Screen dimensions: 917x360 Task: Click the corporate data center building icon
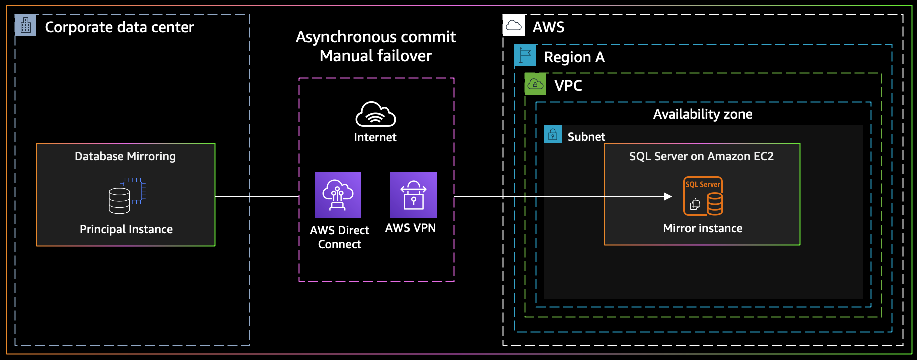[x=25, y=25]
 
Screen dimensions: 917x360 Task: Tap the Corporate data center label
[x=119, y=27]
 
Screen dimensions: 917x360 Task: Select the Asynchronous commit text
[x=375, y=37]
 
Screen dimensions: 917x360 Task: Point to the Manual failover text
[x=376, y=56]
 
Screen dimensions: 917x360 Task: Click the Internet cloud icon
[x=376, y=114]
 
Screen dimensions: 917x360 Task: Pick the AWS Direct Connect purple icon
[x=338, y=195]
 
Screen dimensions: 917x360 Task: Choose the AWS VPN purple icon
[x=413, y=195]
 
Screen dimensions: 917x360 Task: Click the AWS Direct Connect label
[x=340, y=237]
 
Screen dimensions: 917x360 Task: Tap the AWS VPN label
[x=410, y=228]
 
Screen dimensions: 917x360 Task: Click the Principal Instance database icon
[x=127, y=196]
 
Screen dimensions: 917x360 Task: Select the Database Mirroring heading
[x=125, y=156]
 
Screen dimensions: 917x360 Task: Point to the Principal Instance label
[x=126, y=229]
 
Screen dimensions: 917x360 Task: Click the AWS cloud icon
[x=514, y=25]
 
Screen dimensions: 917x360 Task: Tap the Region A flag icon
[x=525, y=55]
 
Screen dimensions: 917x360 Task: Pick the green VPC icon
[x=535, y=84]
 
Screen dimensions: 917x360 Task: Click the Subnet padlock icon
[x=552, y=134]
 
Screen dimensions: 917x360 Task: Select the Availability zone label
[x=703, y=114]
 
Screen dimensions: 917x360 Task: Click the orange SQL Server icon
[x=703, y=196]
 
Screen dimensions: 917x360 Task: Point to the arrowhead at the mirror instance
[x=668, y=196]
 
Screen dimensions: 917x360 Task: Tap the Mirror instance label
[x=703, y=228]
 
